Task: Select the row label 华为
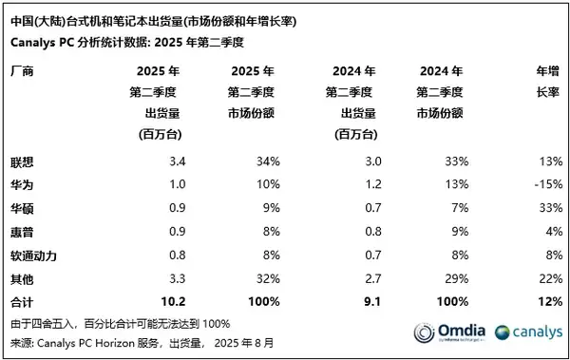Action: point(21,182)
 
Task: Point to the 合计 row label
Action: point(21,301)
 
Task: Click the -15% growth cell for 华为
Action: point(543,182)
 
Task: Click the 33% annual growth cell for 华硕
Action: point(545,206)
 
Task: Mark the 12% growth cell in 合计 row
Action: point(545,301)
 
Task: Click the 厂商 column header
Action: point(21,70)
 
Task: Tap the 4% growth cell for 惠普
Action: point(549,230)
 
